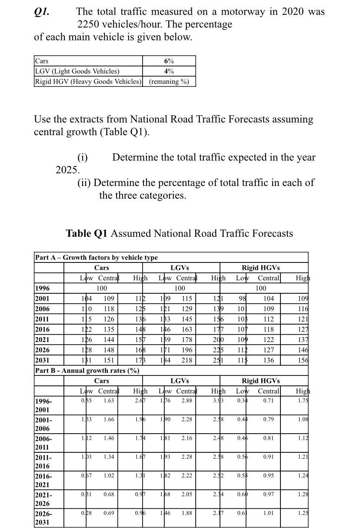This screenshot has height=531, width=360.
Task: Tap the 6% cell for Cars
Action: [x=169, y=61]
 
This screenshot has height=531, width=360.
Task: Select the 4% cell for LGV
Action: [x=169, y=71]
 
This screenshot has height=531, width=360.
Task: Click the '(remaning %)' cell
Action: [x=169, y=82]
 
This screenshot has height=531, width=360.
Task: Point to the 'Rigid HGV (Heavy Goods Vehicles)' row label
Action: [x=88, y=82]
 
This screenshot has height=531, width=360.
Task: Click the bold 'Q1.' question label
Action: [x=42, y=12]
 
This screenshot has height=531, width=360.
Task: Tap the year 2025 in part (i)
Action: [x=67, y=170]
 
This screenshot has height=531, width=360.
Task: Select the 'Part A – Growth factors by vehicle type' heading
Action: [x=96, y=257]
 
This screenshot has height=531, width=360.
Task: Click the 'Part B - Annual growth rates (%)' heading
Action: [x=87, y=371]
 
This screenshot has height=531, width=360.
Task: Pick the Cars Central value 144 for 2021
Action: [x=109, y=340]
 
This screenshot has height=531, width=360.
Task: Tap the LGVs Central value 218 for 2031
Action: [x=187, y=360]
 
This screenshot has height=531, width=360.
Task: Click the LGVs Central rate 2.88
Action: [x=187, y=401]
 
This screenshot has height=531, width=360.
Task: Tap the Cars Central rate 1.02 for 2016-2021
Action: [x=109, y=475]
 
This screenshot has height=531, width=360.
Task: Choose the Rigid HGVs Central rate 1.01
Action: [x=268, y=513]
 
